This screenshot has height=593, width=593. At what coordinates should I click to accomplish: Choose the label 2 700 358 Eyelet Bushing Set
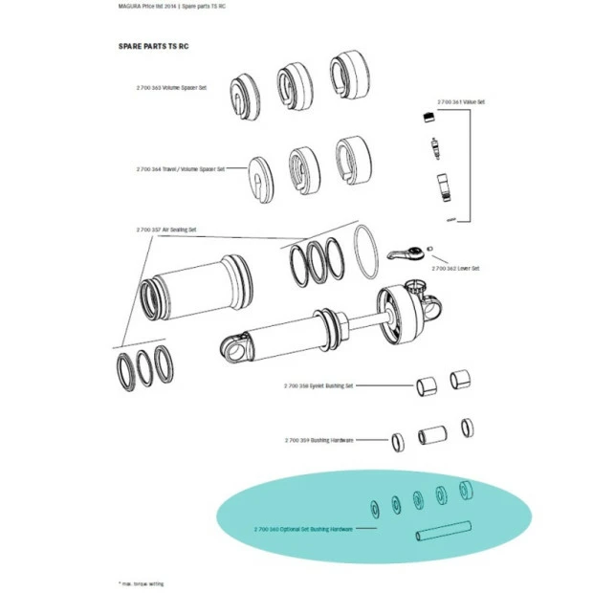[318, 385]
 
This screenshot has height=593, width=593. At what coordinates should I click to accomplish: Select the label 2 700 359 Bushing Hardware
[319, 440]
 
